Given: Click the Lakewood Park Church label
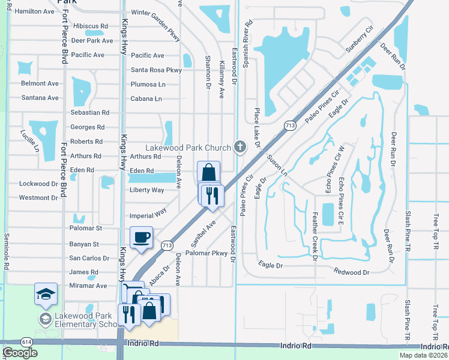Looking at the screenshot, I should pos(187,148).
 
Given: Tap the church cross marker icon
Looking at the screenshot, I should pos(240,146).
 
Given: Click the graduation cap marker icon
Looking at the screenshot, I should pos(46,294).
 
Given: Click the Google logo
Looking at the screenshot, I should pos(20,353).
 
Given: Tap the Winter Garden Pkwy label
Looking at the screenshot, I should pos(155,13).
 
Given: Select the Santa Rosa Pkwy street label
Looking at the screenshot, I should pos(156,70).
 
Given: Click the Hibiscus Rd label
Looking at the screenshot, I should pos(89,26).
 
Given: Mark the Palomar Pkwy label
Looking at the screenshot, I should pos(208,253).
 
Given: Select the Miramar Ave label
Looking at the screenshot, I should pos(88,286).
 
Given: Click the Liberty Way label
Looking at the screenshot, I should pos(147,190).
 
